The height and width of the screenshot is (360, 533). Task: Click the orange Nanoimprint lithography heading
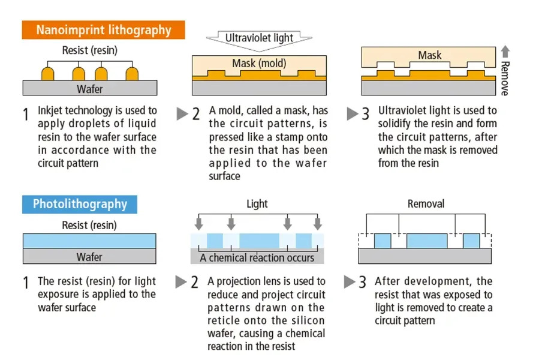(x=103, y=30)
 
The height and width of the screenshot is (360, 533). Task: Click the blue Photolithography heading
(x=80, y=204)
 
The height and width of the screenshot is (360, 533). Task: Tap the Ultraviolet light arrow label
(x=259, y=38)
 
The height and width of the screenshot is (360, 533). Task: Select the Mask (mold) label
(x=259, y=63)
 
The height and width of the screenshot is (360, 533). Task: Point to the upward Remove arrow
(x=505, y=52)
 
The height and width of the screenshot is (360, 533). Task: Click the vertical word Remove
(x=505, y=78)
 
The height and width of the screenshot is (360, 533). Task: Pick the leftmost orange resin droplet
(x=47, y=73)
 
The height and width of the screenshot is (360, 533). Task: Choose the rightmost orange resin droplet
(x=132, y=73)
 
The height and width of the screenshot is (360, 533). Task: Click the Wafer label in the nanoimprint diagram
(x=90, y=89)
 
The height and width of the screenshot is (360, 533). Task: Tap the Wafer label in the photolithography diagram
(x=89, y=257)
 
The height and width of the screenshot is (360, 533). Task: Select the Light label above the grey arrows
(x=257, y=204)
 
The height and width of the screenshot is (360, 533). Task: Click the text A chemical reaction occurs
(x=257, y=258)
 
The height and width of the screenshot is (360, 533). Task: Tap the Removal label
(x=426, y=204)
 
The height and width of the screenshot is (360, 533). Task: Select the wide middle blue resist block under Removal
(x=427, y=241)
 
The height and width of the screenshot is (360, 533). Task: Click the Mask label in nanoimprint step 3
(x=430, y=55)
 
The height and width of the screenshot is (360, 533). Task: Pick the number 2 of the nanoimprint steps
(x=196, y=114)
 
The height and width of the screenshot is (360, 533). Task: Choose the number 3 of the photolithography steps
(x=362, y=283)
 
